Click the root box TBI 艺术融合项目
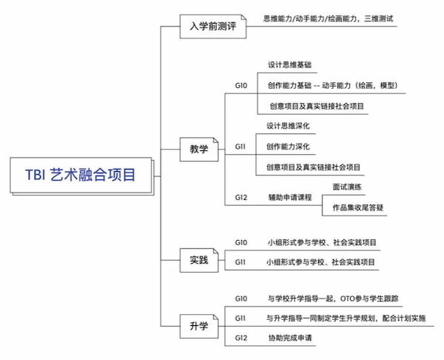pos(81,175)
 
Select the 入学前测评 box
pos(213,27)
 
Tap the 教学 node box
pos(199,150)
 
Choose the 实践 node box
pos(199,260)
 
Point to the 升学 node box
pos(199,326)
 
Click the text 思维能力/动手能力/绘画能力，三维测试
pos(328,19)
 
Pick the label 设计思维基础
pos(289,65)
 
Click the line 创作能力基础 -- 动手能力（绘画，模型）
pos(333,85)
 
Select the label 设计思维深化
pos(288,126)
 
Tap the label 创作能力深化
pos(288,147)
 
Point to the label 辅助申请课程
pos(290,197)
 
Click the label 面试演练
pos(347,187)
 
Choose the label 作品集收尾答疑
pos(358,208)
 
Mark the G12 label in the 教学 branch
pos(241,197)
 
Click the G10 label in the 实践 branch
pos(241,243)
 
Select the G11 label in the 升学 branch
pos(240,319)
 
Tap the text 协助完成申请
pos(290,338)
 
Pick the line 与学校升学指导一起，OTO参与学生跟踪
pos(333,299)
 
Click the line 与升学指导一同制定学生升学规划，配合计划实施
pos(346,319)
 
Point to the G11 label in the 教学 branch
pos(240,147)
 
